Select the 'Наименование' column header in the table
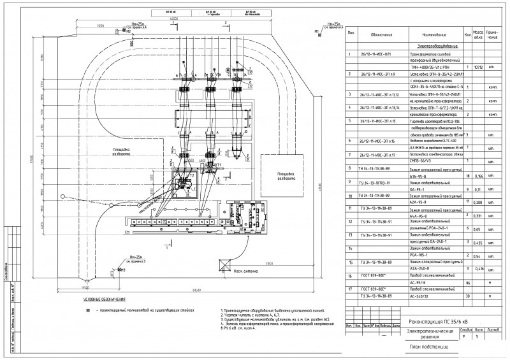click(x=433, y=35)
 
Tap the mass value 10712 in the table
click(x=477, y=65)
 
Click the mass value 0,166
click(x=477, y=175)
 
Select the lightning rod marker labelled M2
click(x=128, y=31)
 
